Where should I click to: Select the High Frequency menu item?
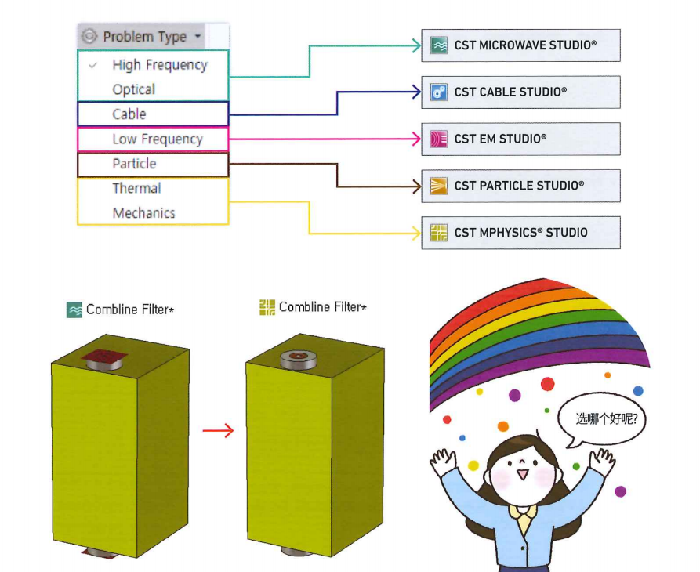pyautogui.click(x=159, y=65)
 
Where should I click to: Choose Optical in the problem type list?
pyautogui.click(x=133, y=89)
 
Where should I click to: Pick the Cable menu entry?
pyautogui.click(x=129, y=114)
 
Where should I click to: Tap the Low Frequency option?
pyautogui.click(x=158, y=139)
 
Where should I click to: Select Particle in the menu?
pyautogui.click(x=134, y=164)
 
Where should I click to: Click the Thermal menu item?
pyautogui.click(x=136, y=188)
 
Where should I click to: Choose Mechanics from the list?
pyautogui.click(x=143, y=213)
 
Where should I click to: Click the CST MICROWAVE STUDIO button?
pyautogui.click(x=520, y=45)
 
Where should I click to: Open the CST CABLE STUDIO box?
pyautogui.click(x=520, y=92)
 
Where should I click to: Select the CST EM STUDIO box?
pyautogui.click(x=520, y=139)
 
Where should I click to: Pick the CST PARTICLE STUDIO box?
pyautogui.click(x=520, y=186)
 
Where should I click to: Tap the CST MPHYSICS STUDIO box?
pyautogui.click(x=520, y=233)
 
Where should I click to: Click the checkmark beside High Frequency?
pyautogui.click(x=93, y=65)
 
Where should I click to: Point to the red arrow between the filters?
pyautogui.click(x=218, y=430)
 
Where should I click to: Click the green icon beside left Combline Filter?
pyautogui.click(x=74, y=310)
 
